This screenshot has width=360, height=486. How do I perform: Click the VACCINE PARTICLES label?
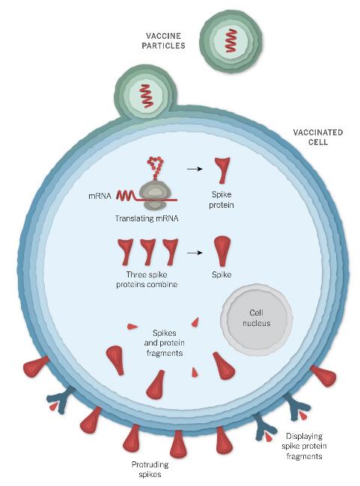(x=163, y=41)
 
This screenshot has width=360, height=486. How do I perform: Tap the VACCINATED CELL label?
(x=318, y=138)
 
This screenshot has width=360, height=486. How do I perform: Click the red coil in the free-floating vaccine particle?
(x=231, y=40)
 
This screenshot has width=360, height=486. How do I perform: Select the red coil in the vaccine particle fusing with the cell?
(x=146, y=96)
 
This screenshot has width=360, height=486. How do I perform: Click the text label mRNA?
(x=100, y=196)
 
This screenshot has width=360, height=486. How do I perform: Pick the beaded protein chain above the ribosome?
(x=156, y=167)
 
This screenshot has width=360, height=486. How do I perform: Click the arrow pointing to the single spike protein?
(x=195, y=169)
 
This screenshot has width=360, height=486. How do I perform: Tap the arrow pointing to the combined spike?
(x=195, y=253)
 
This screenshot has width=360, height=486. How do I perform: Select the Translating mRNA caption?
(x=147, y=218)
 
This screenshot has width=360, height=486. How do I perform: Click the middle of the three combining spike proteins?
(x=147, y=252)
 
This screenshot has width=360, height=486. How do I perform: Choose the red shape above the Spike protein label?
(x=222, y=170)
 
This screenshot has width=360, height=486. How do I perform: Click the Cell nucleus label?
(x=257, y=318)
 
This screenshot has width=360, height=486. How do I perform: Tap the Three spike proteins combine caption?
(x=147, y=280)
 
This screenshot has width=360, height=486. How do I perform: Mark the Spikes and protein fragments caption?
(x=164, y=342)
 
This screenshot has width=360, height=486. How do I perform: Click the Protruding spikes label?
(x=150, y=470)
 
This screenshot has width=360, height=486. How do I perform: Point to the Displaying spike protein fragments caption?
(x=304, y=446)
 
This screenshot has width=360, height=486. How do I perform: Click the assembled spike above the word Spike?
(x=222, y=251)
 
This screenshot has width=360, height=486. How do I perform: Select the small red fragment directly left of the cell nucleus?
(x=195, y=322)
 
